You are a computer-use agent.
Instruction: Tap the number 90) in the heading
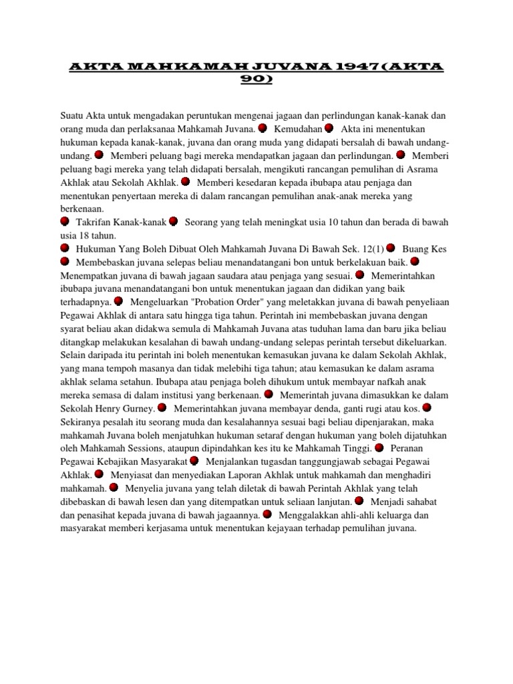pyautogui.click(x=256, y=80)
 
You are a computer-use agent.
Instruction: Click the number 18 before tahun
pyautogui.click(x=84, y=236)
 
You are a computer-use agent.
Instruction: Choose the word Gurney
pyautogui.click(x=137, y=408)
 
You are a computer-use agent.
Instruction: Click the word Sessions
pyautogui.click(x=161, y=448)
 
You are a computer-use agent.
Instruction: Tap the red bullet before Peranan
pyautogui.click(x=379, y=448)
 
